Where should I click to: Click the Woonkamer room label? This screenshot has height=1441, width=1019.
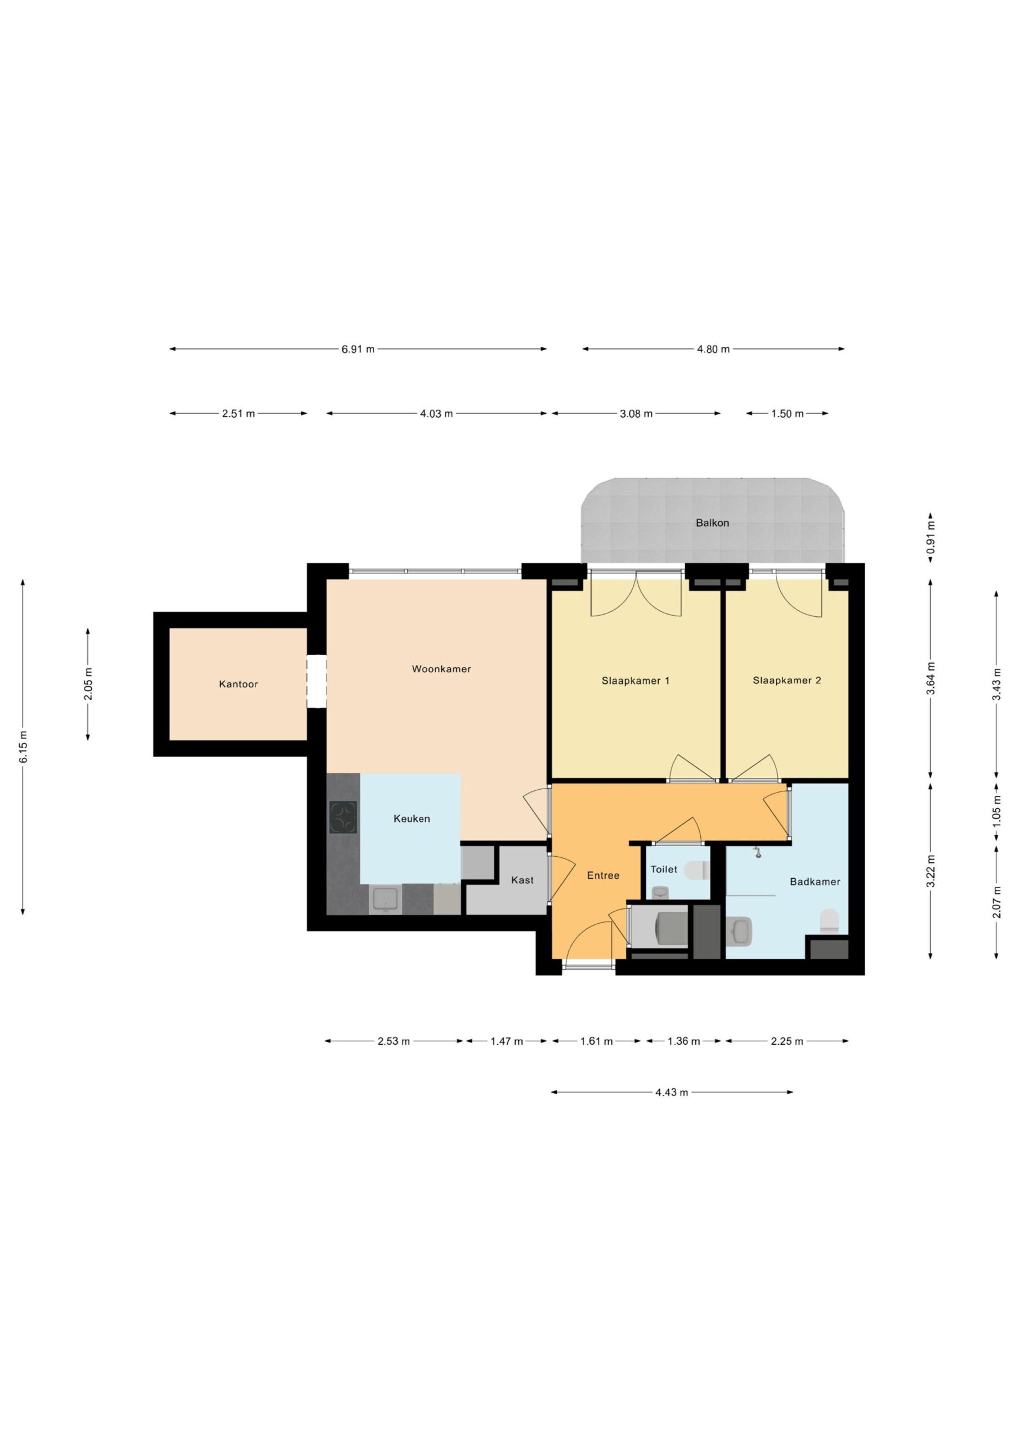(441, 669)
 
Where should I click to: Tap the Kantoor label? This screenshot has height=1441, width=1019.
(238, 684)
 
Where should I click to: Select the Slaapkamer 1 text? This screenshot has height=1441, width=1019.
(636, 681)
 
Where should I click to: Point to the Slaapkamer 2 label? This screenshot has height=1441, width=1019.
(786, 681)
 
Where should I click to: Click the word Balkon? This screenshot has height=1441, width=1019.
(712, 523)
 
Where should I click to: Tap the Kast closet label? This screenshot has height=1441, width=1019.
(522, 880)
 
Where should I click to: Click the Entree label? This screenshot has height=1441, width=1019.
(603, 875)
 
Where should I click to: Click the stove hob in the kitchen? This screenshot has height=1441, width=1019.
(343, 818)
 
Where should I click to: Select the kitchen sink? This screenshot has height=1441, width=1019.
(385, 899)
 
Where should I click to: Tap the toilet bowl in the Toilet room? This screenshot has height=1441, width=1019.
(695, 870)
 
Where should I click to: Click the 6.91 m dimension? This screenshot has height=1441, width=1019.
(358, 349)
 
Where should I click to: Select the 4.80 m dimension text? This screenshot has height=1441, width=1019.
(713, 349)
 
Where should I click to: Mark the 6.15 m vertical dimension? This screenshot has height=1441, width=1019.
(23, 747)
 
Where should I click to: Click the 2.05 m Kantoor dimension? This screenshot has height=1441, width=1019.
(88, 684)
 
